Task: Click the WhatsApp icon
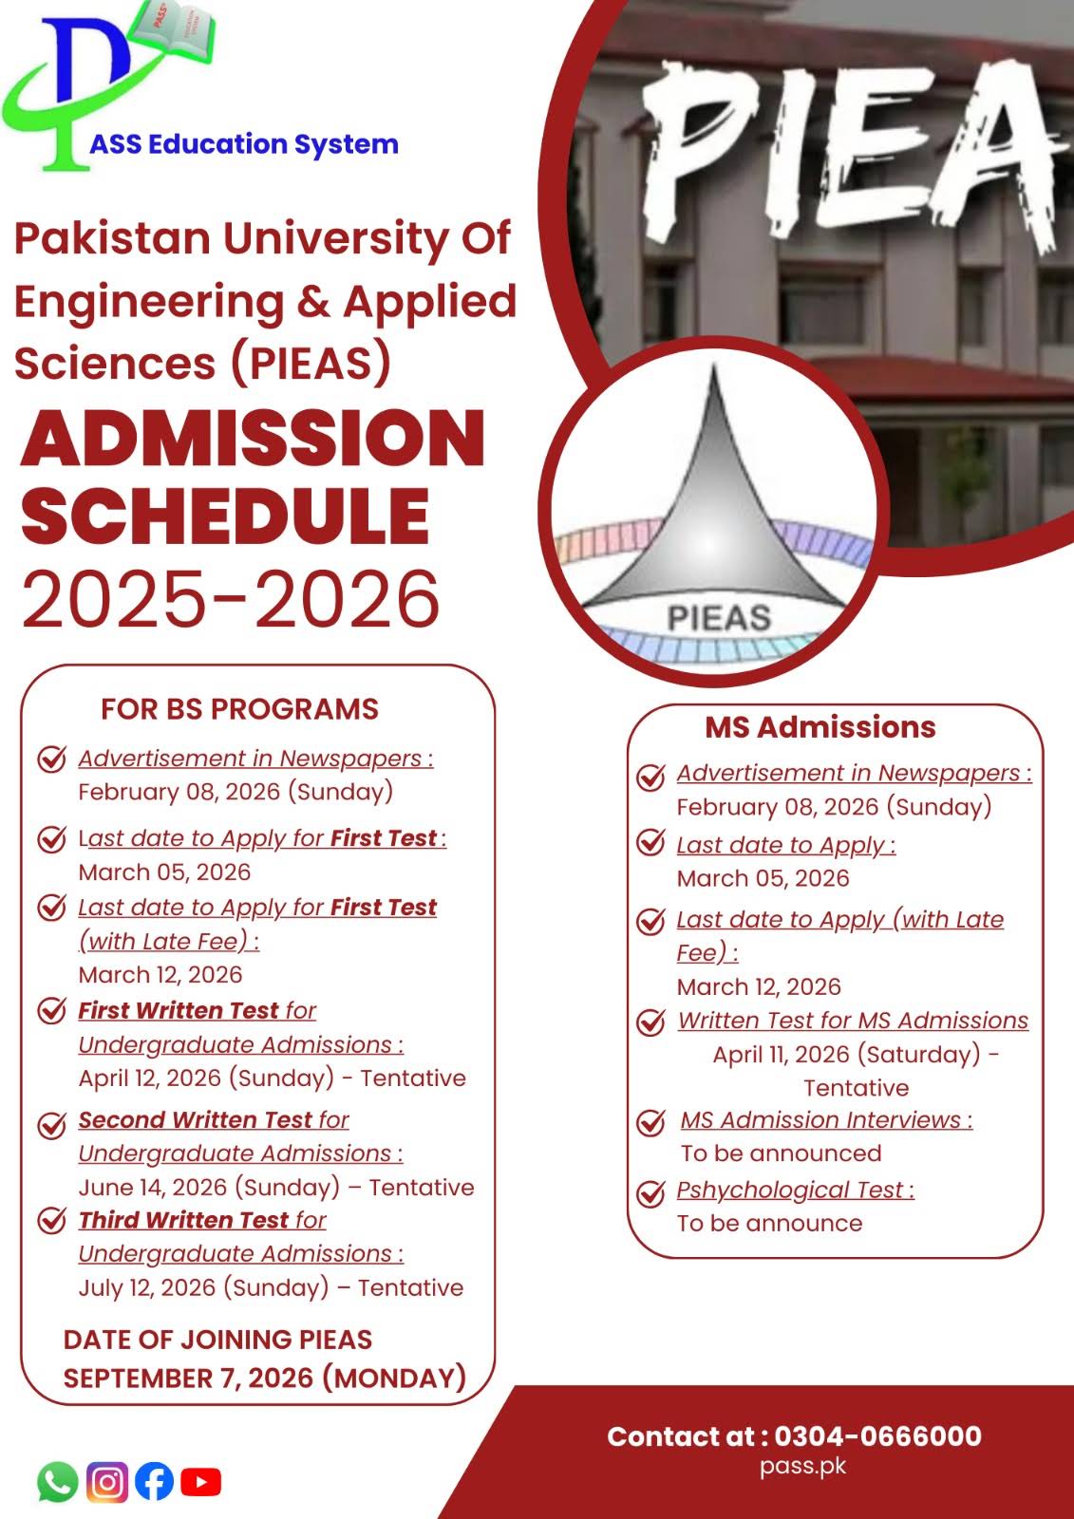coord(57,1481)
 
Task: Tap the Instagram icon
coord(107,1481)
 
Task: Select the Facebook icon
coord(154,1481)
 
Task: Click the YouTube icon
coord(200,1481)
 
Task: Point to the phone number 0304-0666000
coord(877,1436)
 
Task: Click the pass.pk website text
coord(802,1466)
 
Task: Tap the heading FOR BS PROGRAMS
coord(239,709)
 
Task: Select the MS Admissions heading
coord(820,727)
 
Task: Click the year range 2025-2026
coord(231,600)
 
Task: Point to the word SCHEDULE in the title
coord(226,516)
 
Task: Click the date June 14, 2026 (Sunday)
coord(209,1188)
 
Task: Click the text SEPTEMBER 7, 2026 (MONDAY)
coord(264,1378)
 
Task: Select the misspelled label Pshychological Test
coord(794,1191)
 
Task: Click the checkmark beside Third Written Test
coord(51,1221)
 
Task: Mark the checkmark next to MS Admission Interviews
coord(650,1122)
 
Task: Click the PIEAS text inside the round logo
coord(719,618)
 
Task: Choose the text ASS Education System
coord(244,144)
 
